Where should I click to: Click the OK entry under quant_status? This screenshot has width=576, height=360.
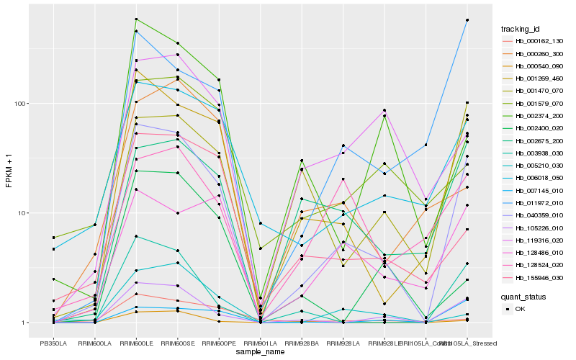point(525,309)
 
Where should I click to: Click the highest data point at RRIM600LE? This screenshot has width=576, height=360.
point(136,19)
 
